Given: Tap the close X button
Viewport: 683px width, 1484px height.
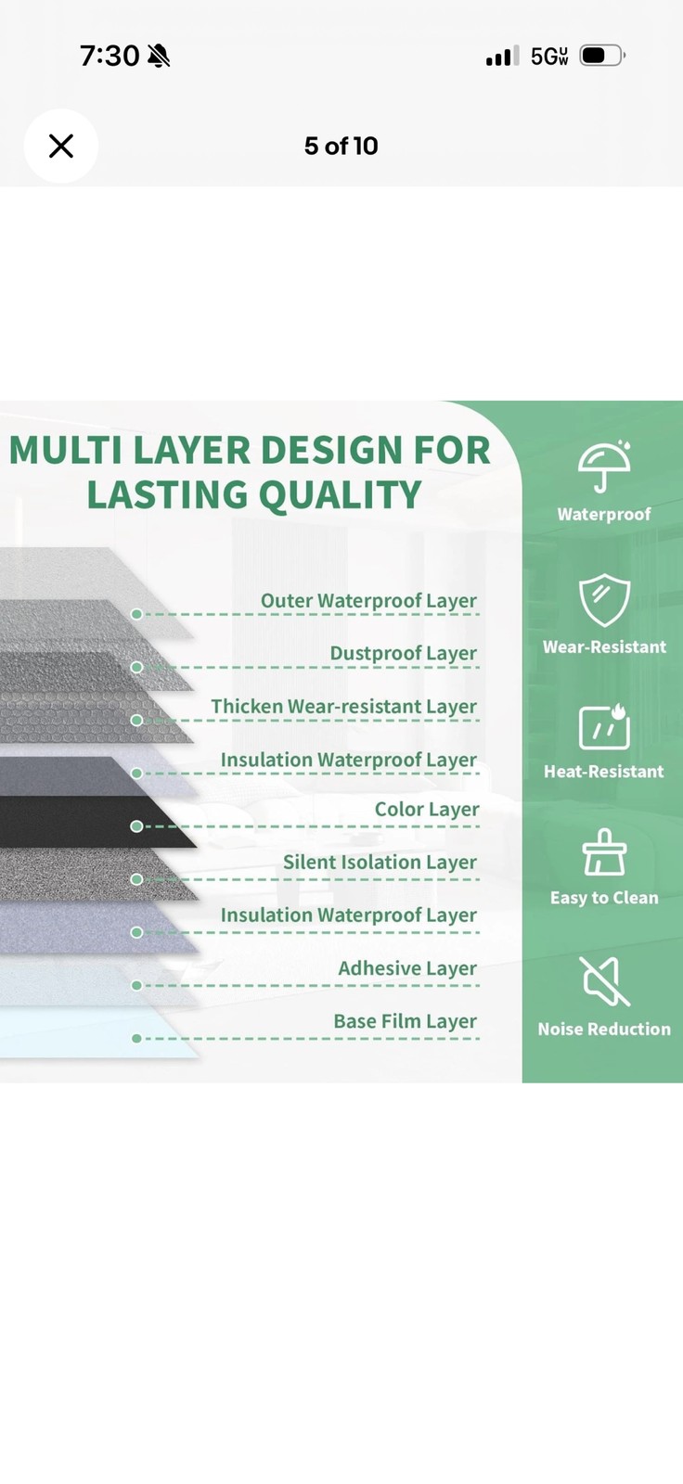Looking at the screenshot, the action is coord(61,146).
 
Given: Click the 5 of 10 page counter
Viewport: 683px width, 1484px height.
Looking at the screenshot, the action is coord(341,146).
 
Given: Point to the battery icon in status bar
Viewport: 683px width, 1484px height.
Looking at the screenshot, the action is coord(602,56).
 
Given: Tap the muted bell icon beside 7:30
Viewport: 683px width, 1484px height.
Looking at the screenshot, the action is coord(159,57).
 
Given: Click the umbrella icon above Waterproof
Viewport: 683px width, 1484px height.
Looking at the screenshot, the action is coord(603,466).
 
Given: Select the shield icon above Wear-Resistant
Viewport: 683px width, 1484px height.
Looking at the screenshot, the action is coord(604,599).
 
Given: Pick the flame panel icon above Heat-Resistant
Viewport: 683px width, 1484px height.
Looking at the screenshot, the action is coord(604,726).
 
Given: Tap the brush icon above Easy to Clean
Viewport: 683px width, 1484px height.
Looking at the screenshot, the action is coord(604,851).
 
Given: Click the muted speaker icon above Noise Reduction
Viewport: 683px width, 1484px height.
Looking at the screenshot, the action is coord(604,981).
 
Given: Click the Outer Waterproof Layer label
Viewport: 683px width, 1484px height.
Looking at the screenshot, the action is coord(368,601).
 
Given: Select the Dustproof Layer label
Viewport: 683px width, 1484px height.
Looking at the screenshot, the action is coord(403,653).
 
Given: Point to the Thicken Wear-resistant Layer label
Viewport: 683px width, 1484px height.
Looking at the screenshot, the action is coord(343,707).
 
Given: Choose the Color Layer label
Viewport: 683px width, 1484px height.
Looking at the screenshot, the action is coord(426,810).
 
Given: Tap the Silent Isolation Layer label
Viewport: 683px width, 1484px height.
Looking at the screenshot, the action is coord(380,863).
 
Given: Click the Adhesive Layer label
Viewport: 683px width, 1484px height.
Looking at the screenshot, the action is coord(407,968).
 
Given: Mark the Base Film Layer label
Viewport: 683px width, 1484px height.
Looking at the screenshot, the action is coord(405,1021).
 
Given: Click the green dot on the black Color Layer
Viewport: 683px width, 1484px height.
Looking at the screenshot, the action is coord(136,826).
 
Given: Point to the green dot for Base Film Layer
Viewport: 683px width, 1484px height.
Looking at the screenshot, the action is coord(136,1038).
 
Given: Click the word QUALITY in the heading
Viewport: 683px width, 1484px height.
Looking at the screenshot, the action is coord(340,495).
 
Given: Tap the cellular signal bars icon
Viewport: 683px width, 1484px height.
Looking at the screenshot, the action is coord(503,57).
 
